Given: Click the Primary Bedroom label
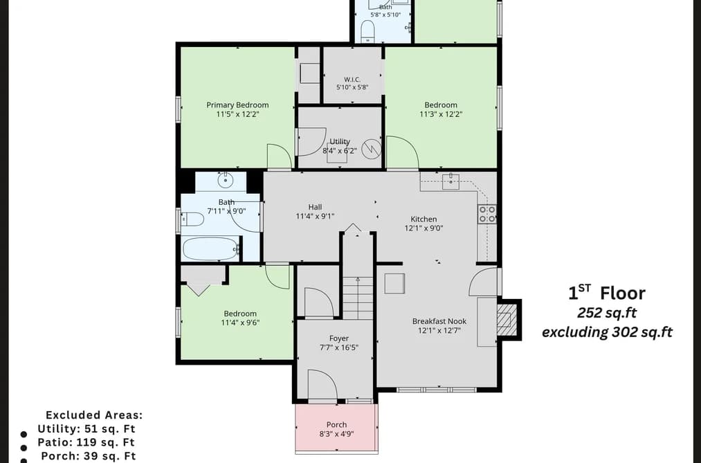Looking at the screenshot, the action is pos(237,105).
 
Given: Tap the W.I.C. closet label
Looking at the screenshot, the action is pos(352,80).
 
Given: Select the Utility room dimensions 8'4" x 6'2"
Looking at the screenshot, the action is pos(340,151).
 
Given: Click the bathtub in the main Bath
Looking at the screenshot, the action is pos(210,248).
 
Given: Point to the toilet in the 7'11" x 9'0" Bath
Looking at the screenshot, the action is pos(192,219).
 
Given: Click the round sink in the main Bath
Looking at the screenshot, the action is pos(226,180).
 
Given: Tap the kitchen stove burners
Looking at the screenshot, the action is pos(487,214).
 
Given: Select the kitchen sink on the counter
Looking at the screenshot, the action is pos(450,182).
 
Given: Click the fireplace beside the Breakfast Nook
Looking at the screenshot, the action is pos(507,320).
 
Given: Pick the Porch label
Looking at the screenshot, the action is pos(336,424).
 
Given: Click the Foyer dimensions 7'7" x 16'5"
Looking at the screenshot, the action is pos(339,347).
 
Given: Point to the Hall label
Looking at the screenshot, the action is pos(315,207).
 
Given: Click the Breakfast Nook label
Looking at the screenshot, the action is pos(439,321).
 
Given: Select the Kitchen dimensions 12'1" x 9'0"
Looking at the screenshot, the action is pos(424,228).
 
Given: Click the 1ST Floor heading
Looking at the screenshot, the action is pos(607,293).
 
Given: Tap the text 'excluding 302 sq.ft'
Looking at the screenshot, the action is pos(607,332).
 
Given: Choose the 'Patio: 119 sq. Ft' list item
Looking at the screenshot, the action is pos(86,442).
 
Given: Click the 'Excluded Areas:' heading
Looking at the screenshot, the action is pos(94,415).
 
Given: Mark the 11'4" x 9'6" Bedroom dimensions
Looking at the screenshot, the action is pos(241,323).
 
